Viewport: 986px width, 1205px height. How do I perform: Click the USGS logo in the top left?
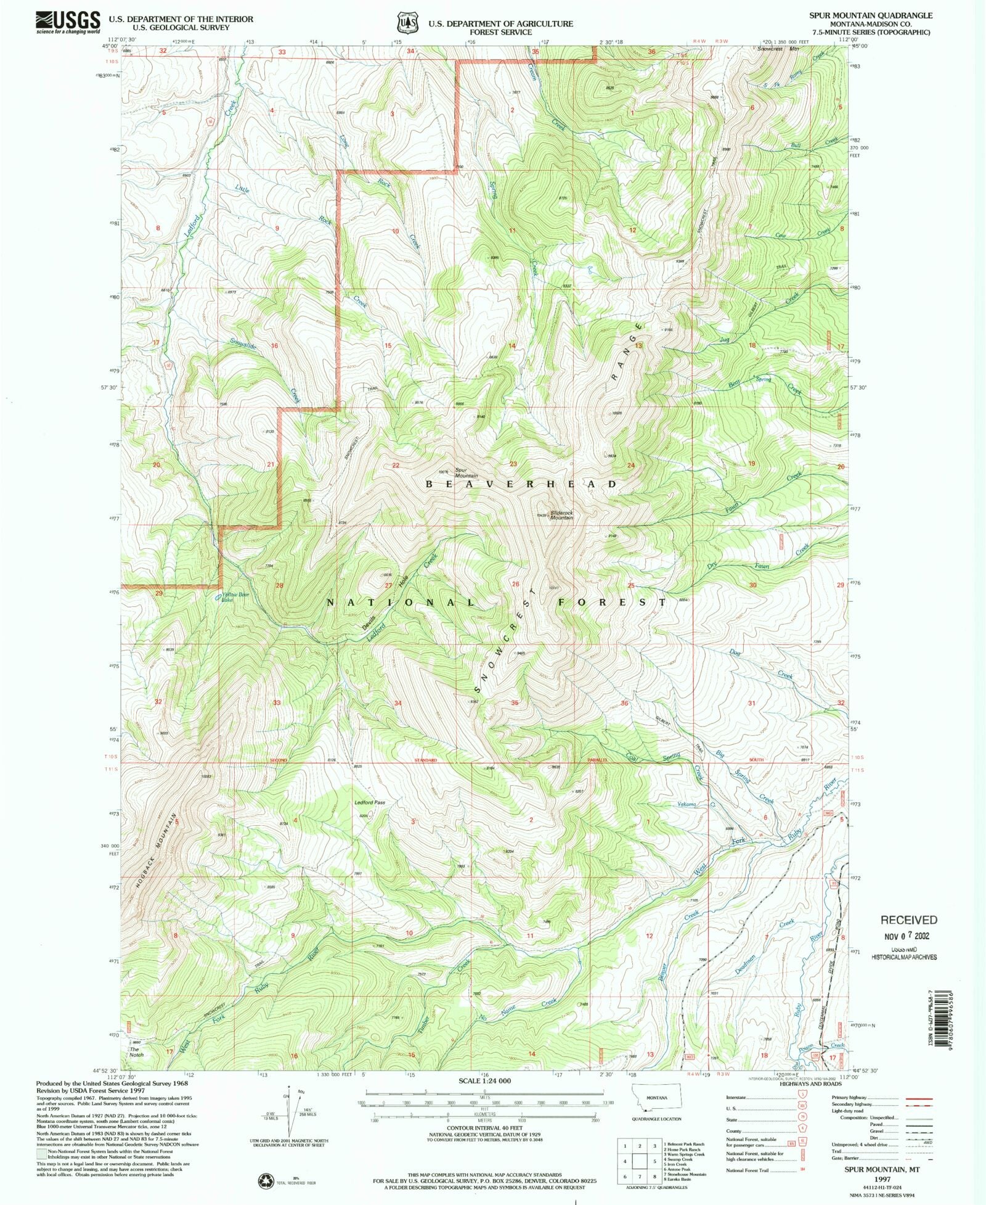68,22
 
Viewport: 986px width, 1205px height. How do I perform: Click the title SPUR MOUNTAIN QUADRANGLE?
882,15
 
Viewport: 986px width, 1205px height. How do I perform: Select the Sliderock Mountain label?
561,515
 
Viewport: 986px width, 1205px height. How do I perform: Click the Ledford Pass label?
370,802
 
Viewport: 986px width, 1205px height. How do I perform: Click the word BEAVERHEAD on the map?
521,484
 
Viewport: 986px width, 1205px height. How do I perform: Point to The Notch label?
136,1051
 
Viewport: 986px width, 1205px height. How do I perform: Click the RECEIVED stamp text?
908,919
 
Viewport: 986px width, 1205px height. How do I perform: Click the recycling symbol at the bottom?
266,1180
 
